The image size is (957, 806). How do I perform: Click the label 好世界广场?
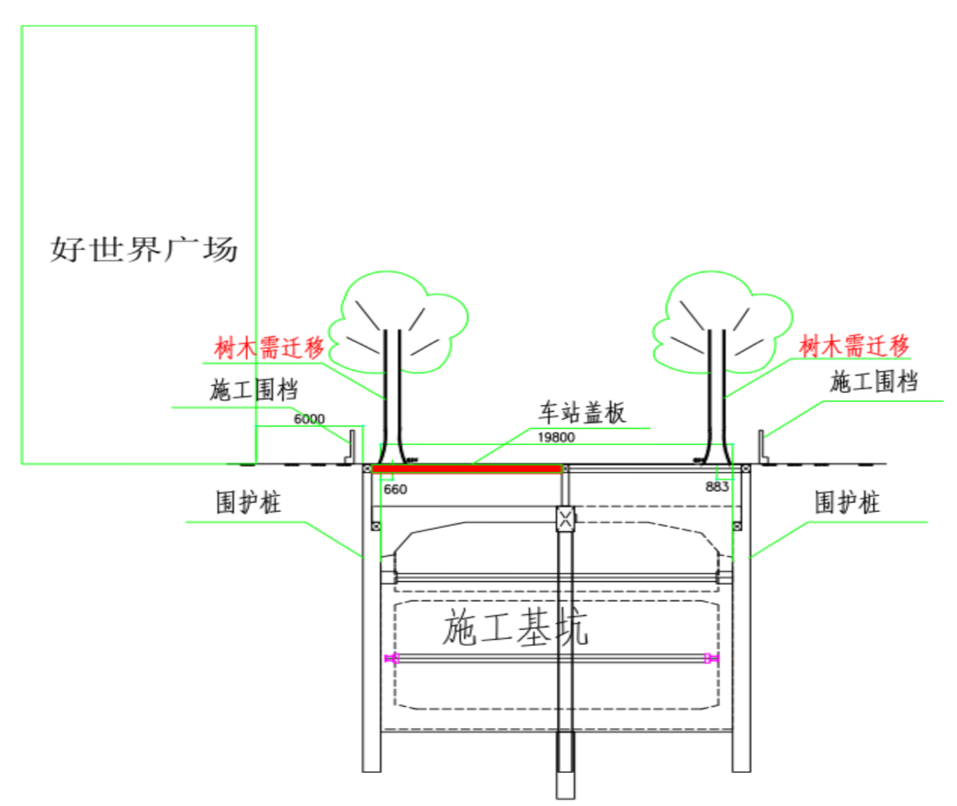144,249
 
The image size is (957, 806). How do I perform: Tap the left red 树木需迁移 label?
269,347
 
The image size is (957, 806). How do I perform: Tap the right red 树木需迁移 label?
854,346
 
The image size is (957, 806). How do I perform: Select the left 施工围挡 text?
254,390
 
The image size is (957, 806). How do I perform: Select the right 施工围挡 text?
874,381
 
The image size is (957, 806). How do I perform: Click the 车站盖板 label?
582,413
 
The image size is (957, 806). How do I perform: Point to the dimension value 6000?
309,419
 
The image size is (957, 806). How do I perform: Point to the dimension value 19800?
556,437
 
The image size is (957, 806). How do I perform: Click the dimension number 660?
395,489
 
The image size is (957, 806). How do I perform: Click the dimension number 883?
717,487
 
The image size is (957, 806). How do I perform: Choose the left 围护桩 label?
248,503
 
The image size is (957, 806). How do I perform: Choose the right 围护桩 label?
847,503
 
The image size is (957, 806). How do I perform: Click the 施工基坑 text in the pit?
515,627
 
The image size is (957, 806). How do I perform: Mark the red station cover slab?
467,468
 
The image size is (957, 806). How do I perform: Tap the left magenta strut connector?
392,658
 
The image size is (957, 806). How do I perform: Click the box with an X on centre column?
566,517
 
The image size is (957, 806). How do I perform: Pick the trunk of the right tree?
717,393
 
